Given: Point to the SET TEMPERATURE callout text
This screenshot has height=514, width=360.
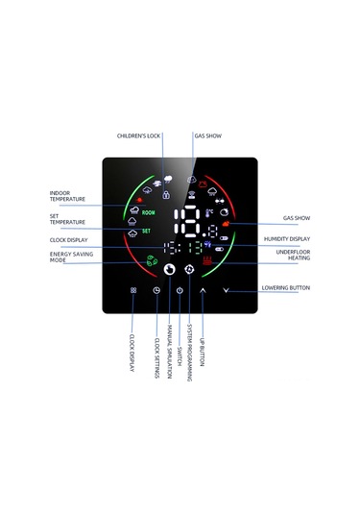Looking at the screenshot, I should (x=67, y=220).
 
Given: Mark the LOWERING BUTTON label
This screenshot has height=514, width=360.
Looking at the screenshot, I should (x=286, y=288).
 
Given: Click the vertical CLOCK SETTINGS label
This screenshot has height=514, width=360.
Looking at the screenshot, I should (x=156, y=355).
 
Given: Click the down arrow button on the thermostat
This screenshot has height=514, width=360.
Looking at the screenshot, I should (x=227, y=289).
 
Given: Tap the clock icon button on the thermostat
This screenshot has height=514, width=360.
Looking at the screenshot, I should (x=156, y=289).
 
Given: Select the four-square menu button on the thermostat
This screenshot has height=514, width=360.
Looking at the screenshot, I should (x=133, y=289).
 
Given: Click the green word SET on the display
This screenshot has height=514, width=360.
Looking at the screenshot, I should (x=147, y=231).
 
